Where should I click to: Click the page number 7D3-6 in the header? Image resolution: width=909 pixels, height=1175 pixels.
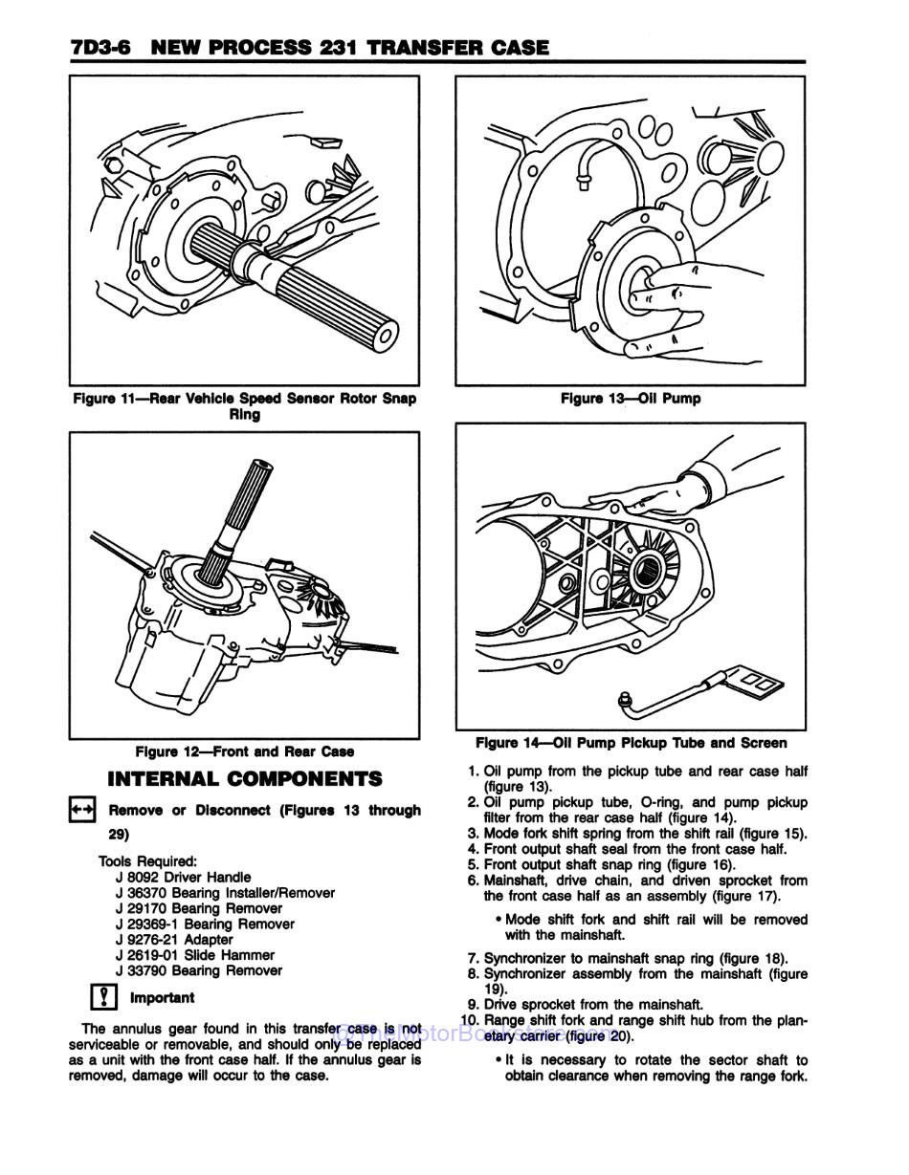100,47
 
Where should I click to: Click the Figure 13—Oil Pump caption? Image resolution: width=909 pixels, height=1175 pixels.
630,399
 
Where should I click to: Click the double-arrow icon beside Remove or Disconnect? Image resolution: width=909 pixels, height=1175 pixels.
81,810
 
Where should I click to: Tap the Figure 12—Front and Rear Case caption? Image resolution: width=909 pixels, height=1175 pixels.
244,752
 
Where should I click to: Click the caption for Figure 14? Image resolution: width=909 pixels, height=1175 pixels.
631,743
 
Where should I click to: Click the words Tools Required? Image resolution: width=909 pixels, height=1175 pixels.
147,861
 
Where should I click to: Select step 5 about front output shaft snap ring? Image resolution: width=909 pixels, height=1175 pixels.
602,864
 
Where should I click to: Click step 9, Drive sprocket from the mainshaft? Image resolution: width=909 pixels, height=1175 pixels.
585,1005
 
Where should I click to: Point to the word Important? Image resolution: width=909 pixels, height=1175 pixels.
162,998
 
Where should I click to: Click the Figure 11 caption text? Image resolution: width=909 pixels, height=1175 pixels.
244,406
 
